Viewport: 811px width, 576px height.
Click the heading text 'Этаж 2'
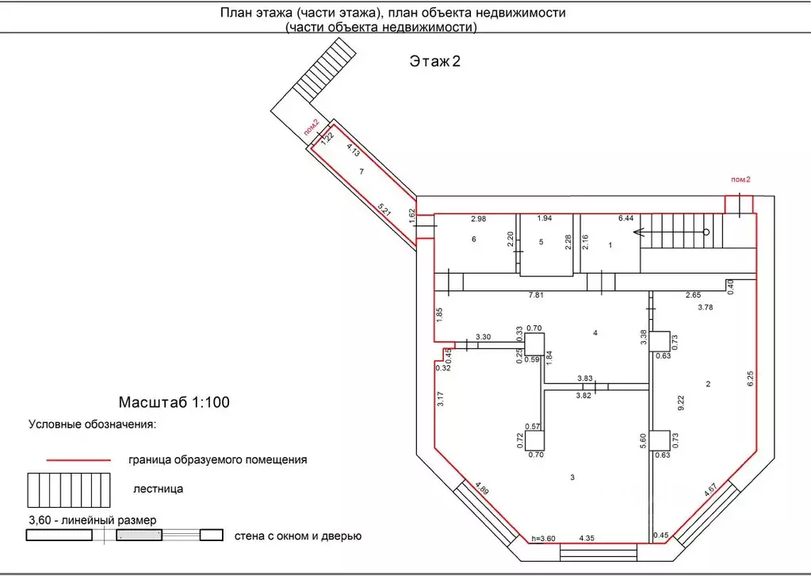(434, 62)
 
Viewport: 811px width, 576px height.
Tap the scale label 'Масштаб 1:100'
(174, 402)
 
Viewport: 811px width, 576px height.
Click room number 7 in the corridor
(361, 171)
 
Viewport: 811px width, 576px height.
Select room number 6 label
(473, 239)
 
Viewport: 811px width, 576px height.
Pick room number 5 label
(541, 242)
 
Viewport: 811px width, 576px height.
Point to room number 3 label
(572, 477)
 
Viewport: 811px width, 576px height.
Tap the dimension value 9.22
(680, 401)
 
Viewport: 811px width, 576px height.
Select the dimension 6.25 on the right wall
(750, 381)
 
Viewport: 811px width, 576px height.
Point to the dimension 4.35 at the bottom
(588, 540)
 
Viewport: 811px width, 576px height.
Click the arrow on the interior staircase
(639, 232)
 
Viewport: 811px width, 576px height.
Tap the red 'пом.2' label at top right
(740, 180)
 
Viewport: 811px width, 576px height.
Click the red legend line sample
(78, 459)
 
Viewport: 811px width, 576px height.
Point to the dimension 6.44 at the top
(625, 218)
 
